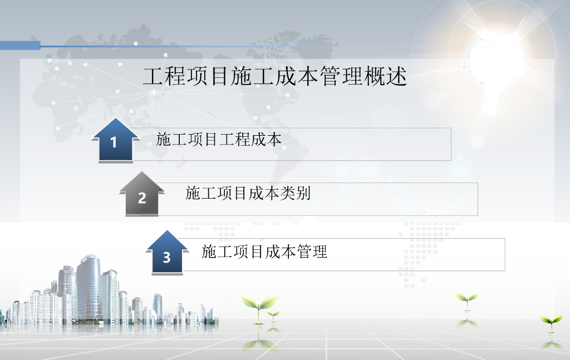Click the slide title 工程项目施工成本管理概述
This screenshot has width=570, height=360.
coord(275,76)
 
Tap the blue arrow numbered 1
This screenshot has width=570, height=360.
coord(115,140)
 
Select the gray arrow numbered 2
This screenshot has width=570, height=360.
coord(142,194)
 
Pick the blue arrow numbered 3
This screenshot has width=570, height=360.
coord(167,253)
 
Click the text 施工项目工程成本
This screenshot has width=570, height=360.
coord(219,140)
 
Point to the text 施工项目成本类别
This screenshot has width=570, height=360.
coord(248,193)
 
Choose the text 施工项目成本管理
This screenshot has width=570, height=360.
coord(264,251)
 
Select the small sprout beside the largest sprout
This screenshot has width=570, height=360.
coord(274,315)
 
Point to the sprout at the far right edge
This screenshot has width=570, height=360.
coord(552,323)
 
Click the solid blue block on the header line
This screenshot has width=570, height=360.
coord(20,46)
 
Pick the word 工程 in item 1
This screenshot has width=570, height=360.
coord(234,140)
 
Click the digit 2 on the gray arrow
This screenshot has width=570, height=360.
coord(142,198)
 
